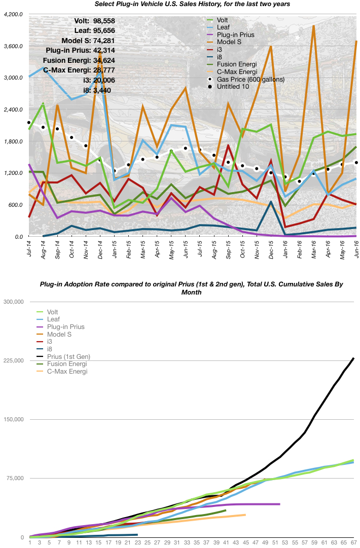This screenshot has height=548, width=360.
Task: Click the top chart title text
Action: (x=193, y=5)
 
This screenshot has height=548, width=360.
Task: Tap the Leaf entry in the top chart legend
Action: (x=223, y=27)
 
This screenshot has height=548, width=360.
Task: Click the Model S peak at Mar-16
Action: (x=314, y=26)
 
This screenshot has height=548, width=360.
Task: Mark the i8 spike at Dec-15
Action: (x=271, y=202)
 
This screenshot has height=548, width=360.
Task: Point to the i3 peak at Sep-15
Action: (x=229, y=145)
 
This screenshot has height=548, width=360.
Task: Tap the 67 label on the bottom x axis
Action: (x=353, y=543)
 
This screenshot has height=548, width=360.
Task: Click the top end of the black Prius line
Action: (x=353, y=358)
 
